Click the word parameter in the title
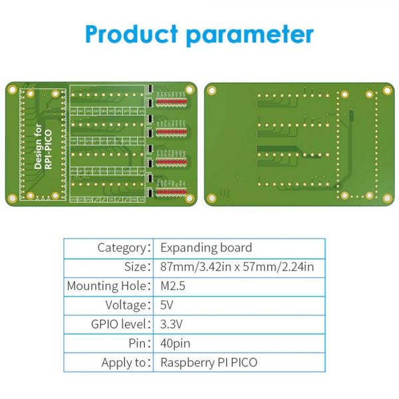tap(250, 35)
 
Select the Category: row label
tap(123, 248)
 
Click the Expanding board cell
tap(206, 248)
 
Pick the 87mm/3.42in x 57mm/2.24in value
tap(237, 267)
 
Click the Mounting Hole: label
tap(108, 287)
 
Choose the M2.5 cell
tap(175, 287)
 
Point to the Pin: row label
tap(137, 344)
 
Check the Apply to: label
tap(124, 363)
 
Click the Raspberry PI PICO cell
tap(209, 363)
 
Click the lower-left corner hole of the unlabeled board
tap(212, 197)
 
